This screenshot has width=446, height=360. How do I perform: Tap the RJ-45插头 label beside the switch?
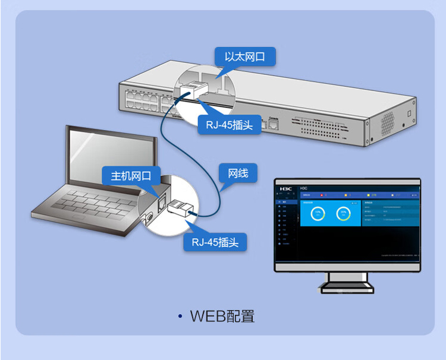(229, 125)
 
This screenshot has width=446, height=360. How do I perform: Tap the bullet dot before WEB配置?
(180, 316)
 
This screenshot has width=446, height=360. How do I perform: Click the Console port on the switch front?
(273, 124)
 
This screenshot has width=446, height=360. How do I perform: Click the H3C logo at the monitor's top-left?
(286, 188)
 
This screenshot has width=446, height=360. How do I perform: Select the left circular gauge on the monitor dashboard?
(318, 214)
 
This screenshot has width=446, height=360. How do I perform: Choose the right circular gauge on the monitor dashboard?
(343, 214)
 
